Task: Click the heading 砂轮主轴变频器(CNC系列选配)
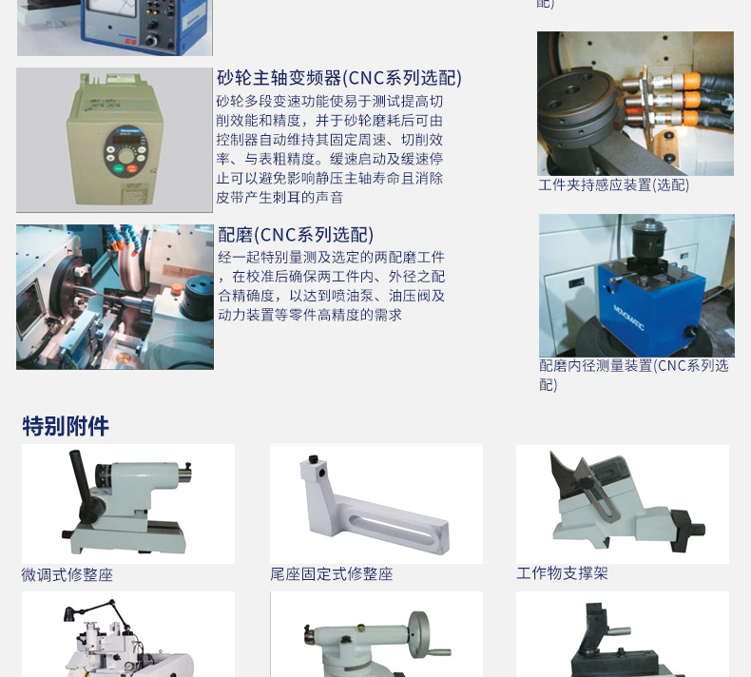tap(339, 78)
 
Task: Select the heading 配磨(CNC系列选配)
tap(296, 235)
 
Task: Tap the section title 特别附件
tap(66, 426)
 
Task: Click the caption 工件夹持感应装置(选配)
tap(613, 185)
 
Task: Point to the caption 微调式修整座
tap(67, 574)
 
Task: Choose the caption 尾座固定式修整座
tap(332, 573)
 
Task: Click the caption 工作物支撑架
tap(562, 573)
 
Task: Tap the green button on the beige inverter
tap(118, 168)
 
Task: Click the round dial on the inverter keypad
tap(126, 156)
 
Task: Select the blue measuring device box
tap(651, 306)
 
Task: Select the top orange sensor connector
tap(690, 81)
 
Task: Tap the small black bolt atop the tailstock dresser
tap(314, 458)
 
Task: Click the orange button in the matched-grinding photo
tap(177, 289)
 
